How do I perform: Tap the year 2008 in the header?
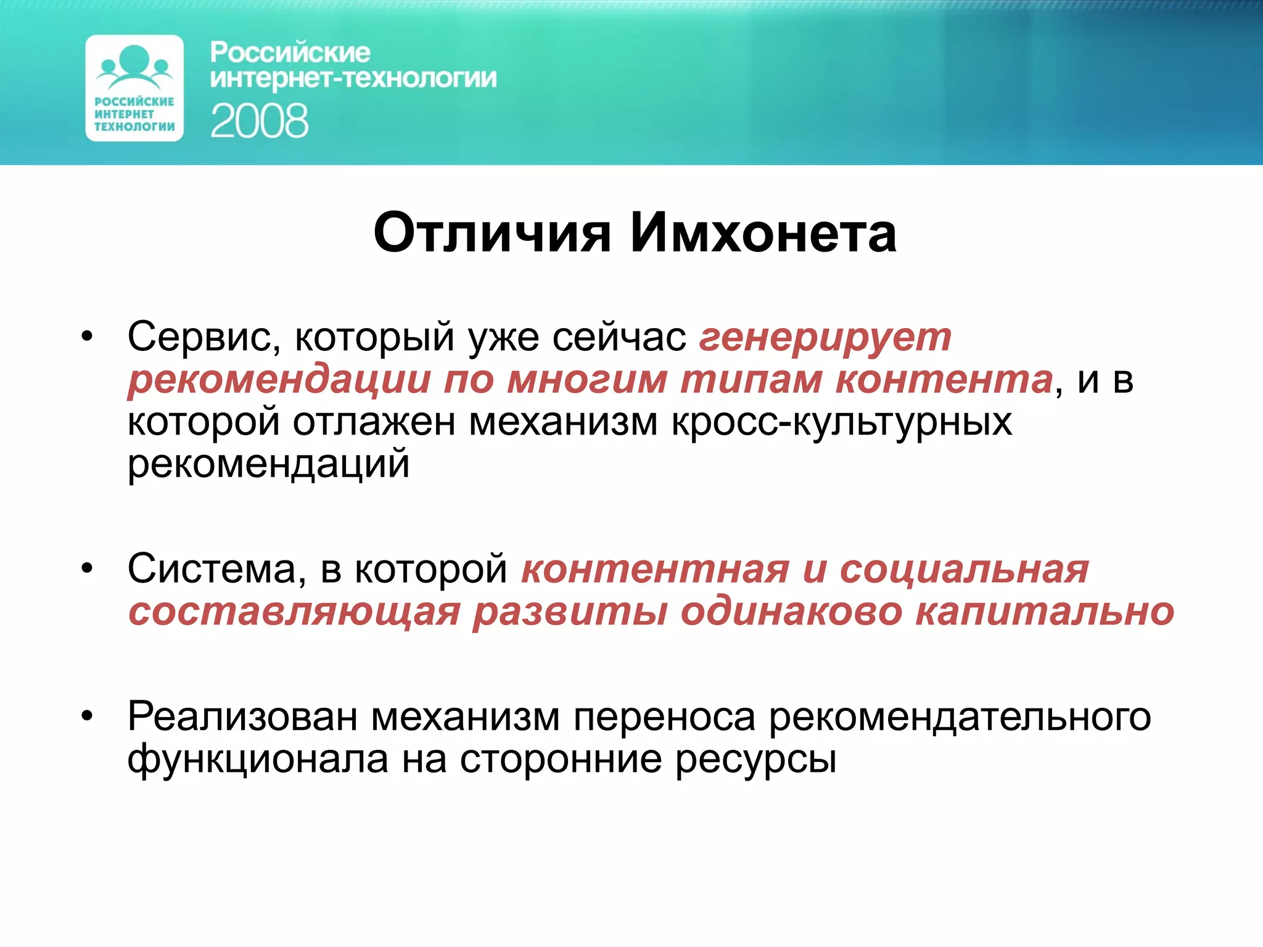(x=259, y=121)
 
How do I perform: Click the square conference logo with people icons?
(x=134, y=88)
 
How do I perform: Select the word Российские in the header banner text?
(x=290, y=52)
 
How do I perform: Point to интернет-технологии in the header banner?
(x=353, y=78)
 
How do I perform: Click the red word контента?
(x=944, y=379)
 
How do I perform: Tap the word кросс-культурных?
(x=842, y=422)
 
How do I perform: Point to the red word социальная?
(x=964, y=568)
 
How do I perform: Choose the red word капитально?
(x=1045, y=612)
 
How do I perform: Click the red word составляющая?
(x=294, y=613)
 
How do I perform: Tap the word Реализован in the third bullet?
(x=242, y=717)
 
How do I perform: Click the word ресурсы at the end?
(x=755, y=760)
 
